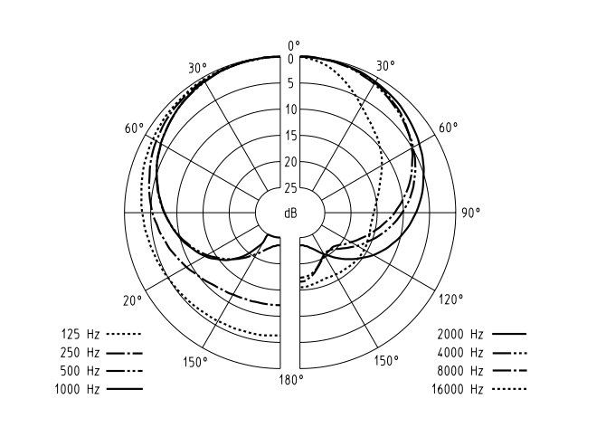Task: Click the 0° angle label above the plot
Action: (292, 45)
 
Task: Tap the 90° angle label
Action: (471, 214)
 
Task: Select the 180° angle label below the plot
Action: (290, 379)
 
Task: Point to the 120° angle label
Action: (450, 299)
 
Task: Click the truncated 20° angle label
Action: (132, 300)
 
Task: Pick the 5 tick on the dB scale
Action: (290, 84)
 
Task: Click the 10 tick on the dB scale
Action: (290, 110)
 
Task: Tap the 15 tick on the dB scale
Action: (290, 137)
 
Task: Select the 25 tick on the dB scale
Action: (290, 188)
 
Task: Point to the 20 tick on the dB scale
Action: (290, 162)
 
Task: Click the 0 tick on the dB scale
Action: (290, 60)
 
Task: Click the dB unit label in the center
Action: (290, 214)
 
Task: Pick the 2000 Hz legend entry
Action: (480, 335)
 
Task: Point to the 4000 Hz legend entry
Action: (480, 353)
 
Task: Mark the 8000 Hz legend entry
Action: (480, 371)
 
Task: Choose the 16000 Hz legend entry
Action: (478, 389)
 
